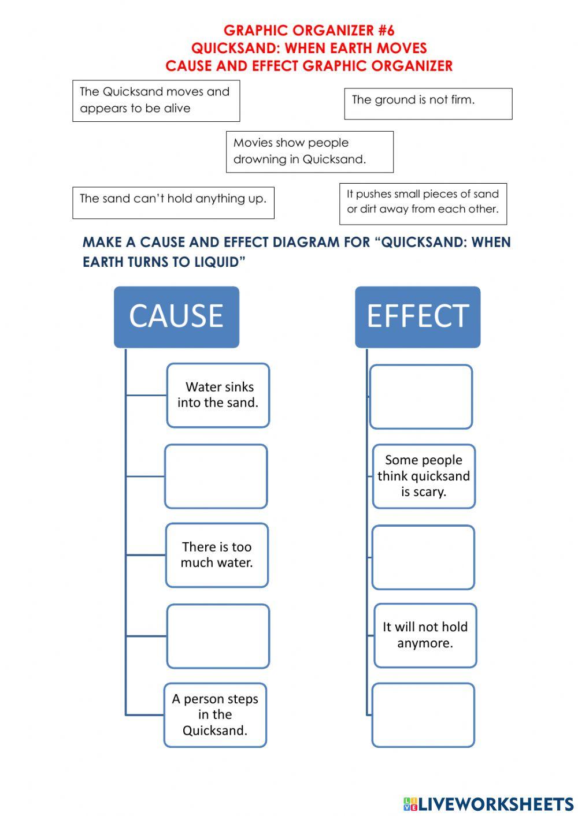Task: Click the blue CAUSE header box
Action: [176, 316]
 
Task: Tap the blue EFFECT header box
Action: [417, 316]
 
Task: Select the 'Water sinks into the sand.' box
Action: [218, 395]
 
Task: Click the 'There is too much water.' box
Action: [217, 555]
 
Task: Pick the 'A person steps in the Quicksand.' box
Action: [215, 715]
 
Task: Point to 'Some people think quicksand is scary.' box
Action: [424, 476]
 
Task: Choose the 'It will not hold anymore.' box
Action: [425, 635]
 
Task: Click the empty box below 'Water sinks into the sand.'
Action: [216, 476]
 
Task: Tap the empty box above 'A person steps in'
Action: [218, 636]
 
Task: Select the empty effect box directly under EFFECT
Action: [421, 397]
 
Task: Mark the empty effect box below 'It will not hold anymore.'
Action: [423, 715]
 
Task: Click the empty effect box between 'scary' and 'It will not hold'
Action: [423, 557]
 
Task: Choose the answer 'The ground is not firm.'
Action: [428, 103]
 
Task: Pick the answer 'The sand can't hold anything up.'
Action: [173, 202]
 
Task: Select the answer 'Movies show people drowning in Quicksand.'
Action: [309, 151]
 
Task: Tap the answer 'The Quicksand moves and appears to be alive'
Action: [155, 100]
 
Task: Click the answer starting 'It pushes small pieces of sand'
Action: [423, 203]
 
